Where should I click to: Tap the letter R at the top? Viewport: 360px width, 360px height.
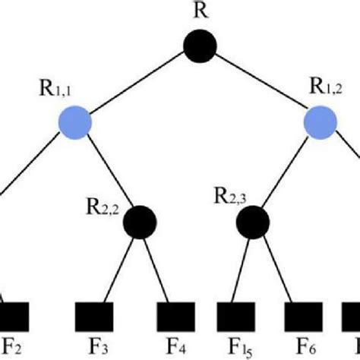[x=201, y=11]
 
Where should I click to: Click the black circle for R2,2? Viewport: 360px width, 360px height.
[x=141, y=221]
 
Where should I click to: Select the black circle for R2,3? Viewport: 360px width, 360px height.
[x=251, y=221]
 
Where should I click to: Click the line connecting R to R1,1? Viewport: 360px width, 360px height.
[x=137, y=84]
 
